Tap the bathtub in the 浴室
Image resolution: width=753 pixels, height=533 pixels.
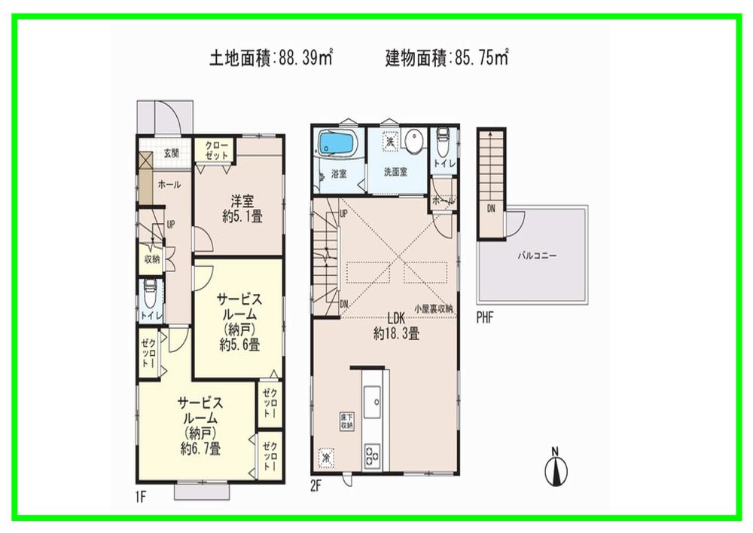pos(333,142)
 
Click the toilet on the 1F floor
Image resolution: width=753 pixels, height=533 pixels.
pos(150,290)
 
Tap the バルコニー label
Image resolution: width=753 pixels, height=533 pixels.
pos(536,256)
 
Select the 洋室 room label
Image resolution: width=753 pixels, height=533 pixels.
pos(242,201)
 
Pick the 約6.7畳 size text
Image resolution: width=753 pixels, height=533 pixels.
pos(200,449)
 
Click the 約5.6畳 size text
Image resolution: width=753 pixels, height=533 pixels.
pos(240,345)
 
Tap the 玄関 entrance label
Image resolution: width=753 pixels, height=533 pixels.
pos(170,153)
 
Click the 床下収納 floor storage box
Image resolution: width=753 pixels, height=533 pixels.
pos(346,422)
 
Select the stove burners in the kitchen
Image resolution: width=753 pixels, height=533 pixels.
pos(372,455)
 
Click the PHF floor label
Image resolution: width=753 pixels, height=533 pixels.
pos(485,318)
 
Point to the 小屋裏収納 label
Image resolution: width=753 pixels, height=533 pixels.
pos(434,309)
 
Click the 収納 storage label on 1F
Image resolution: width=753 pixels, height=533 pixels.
pos(151,259)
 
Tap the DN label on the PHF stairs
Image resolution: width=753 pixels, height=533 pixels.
pos(491,209)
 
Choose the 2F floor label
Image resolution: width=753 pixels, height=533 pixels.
pos(316,486)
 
